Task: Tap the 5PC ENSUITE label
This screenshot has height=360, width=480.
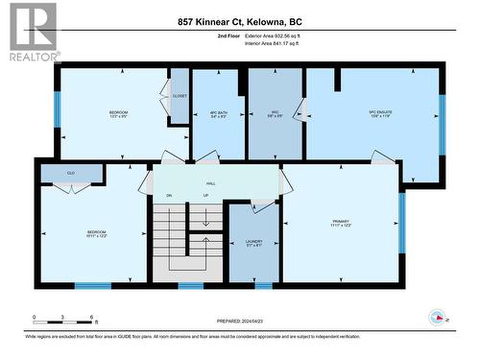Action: point(382,113)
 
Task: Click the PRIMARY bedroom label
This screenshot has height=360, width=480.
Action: point(340,221)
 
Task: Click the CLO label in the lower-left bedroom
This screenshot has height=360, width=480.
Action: point(71,173)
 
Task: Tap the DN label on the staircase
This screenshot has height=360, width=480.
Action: point(168,197)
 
